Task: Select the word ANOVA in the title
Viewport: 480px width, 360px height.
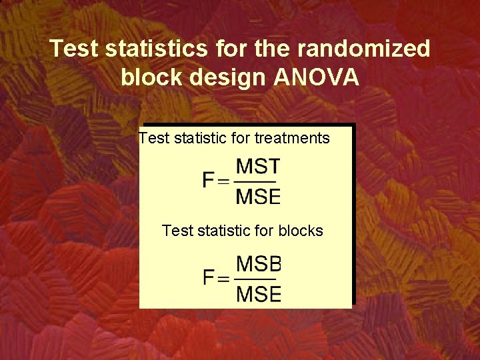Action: pos(316,78)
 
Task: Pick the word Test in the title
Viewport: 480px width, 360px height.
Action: pos(73,49)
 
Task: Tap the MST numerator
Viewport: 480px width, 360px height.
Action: pos(259,167)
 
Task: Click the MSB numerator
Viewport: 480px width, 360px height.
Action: pos(259,263)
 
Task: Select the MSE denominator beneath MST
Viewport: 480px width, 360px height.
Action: pos(259,196)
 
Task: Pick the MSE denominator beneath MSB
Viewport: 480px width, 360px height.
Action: pos(259,293)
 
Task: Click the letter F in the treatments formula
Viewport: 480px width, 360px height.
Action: pos(209,181)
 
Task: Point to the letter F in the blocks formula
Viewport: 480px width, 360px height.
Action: pos(209,278)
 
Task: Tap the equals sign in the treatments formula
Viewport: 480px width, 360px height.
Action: pos(224,181)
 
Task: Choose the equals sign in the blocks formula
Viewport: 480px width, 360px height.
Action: pos(224,279)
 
